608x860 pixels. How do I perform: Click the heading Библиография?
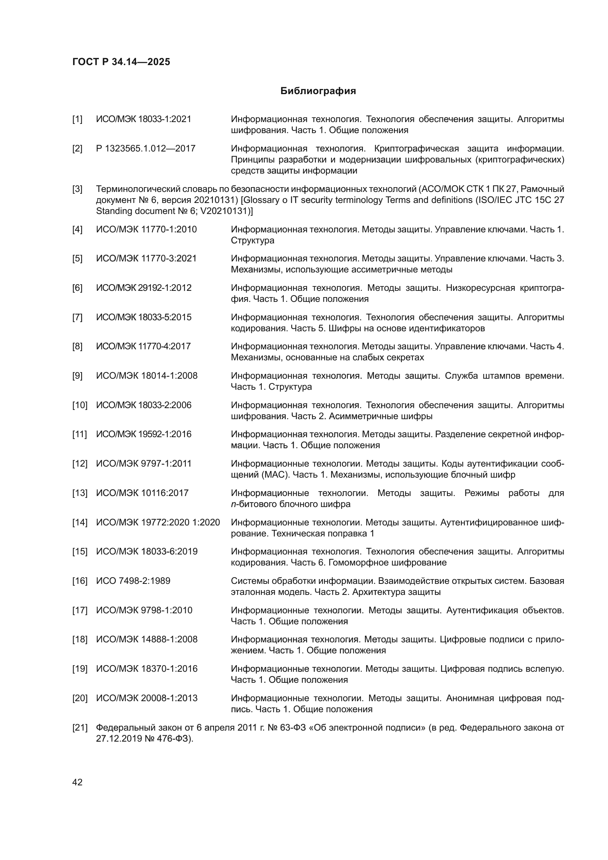[x=318, y=91]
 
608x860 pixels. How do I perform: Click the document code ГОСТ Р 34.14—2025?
[x=121, y=62]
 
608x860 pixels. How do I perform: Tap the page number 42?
[x=77, y=782]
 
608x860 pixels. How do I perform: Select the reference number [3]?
[x=77, y=189]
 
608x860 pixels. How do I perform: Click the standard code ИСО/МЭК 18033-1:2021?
[x=143, y=119]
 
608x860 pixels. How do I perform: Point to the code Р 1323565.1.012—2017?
[x=146, y=149]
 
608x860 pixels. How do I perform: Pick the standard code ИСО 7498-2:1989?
[x=133, y=581]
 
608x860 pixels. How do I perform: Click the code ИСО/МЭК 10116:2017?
[x=142, y=493]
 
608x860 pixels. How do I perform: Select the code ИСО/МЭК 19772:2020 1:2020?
[x=158, y=522]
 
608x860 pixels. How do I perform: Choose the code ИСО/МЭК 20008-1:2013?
[x=147, y=698]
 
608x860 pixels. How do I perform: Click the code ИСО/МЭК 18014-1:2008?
[x=147, y=376]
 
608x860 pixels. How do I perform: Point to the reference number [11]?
[x=79, y=435]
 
